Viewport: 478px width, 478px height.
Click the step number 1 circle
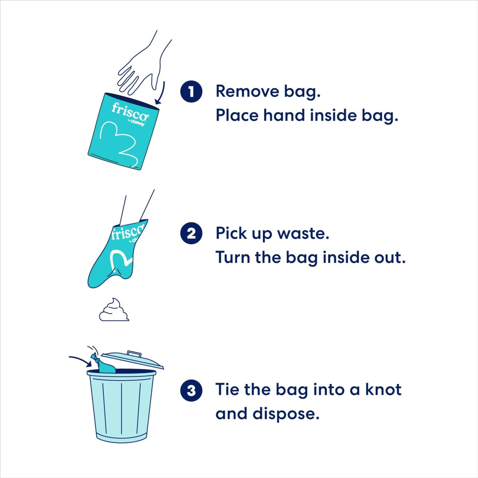point(191,92)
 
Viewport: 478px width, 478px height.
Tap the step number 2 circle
point(191,233)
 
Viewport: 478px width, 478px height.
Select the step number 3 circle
point(191,390)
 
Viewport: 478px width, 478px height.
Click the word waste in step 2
point(303,234)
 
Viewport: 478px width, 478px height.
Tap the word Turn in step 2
point(233,257)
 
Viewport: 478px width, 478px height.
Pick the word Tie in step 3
point(227,389)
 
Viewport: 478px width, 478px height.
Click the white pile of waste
point(114,310)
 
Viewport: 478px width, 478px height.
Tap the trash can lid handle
point(134,354)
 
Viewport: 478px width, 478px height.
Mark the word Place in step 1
point(236,115)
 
